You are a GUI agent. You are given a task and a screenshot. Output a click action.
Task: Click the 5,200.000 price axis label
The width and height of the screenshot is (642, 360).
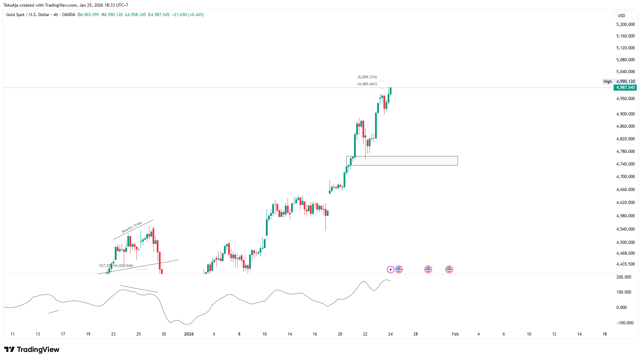pos(626,24)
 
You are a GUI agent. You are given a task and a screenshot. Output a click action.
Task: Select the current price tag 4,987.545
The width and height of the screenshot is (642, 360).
pos(625,87)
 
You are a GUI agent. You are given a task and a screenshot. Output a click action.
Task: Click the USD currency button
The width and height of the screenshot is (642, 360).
pos(621,16)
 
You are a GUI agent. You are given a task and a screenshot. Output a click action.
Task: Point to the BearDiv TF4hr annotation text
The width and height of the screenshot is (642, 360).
pos(132,227)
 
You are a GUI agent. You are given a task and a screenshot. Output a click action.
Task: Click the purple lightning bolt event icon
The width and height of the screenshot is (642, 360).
pos(390,269)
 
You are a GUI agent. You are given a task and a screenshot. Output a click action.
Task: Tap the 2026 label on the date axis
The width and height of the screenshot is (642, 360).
pos(189,334)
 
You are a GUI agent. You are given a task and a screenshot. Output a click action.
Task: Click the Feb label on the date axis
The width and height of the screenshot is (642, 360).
pos(455,334)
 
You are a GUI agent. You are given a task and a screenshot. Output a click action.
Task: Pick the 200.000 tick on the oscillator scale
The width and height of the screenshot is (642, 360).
pos(624,277)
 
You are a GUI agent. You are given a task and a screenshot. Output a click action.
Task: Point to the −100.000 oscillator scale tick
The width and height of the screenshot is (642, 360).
pos(625,323)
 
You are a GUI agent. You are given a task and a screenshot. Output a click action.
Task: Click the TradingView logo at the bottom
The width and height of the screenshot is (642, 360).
pos(32,350)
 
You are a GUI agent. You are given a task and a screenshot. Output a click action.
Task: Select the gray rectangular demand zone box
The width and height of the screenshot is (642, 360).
pos(402,161)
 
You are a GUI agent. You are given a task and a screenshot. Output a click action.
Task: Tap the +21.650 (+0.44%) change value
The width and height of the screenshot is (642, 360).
pos(188,15)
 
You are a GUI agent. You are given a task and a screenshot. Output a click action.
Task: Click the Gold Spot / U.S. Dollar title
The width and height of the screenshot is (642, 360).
pos(28,15)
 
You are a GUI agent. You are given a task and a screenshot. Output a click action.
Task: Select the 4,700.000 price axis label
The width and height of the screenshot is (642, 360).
pos(626,177)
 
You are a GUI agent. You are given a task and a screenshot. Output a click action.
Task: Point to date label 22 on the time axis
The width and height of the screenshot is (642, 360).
pos(365,334)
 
